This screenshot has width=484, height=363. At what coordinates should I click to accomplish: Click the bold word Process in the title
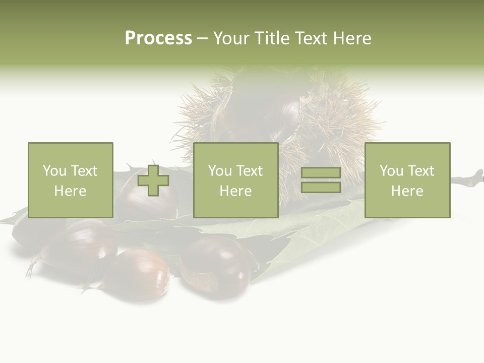[x=158, y=38]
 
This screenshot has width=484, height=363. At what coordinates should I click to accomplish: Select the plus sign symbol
[x=153, y=180]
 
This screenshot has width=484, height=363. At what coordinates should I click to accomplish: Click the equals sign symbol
[x=321, y=180]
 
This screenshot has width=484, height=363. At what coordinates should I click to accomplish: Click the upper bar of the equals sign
[x=321, y=173]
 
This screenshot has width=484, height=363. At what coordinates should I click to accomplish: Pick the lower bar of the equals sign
[x=321, y=187]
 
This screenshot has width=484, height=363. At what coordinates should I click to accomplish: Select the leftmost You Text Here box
[x=70, y=180]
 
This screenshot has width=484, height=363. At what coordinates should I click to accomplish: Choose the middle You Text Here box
[x=235, y=180]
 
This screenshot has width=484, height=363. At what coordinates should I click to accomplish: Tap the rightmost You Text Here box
[x=407, y=180]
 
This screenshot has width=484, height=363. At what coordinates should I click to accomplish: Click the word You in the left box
[x=54, y=171]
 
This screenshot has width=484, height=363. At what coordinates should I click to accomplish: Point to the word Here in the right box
[x=407, y=191]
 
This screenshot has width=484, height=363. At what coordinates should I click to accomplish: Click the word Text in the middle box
[x=249, y=171]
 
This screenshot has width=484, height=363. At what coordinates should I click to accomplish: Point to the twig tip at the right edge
[x=476, y=177]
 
